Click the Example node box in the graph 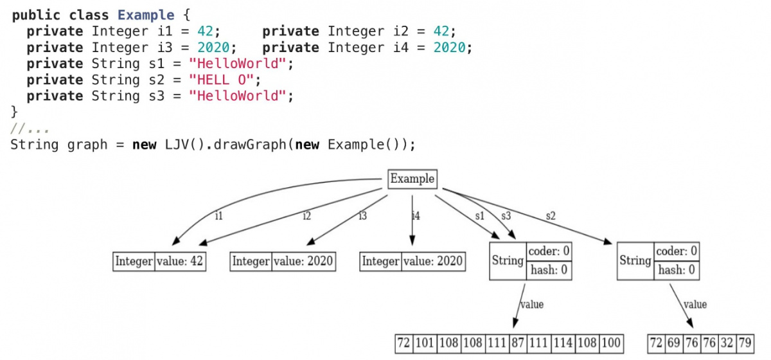[x=412, y=179]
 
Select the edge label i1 [x=219, y=215]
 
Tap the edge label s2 [x=551, y=215]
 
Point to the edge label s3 [x=506, y=215]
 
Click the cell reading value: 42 [x=180, y=262]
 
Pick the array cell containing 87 [x=518, y=343]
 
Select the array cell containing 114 [x=563, y=343]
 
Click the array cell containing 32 [x=727, y=343]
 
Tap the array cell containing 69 [x=674, y=343]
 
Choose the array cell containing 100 [x=611, y=343]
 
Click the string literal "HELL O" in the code [x=221, y=80]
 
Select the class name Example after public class [x=146, y=15]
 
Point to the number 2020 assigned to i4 [x=449, y=48]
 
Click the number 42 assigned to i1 [x=205, y=32]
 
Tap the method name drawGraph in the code [x=250, y=145]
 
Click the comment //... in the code [x=30, y=129]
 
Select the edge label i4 [x=416, y=215]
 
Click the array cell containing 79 [x=745, y=343]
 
